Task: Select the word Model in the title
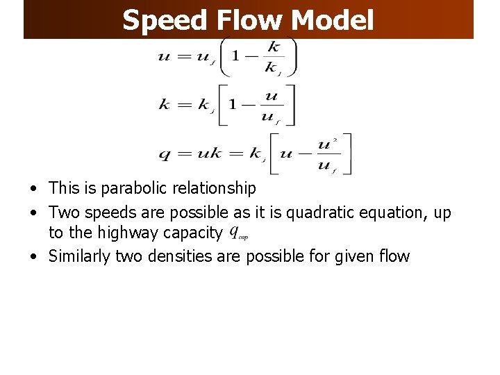coord(333,20)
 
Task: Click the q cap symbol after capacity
coord(238,232)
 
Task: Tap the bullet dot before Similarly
coord(33,257)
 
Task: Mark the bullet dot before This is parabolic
coord(33,188)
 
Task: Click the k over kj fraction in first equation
coord(273,56)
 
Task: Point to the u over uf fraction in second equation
coord(271,106)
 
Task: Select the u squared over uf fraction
coord(324,154)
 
